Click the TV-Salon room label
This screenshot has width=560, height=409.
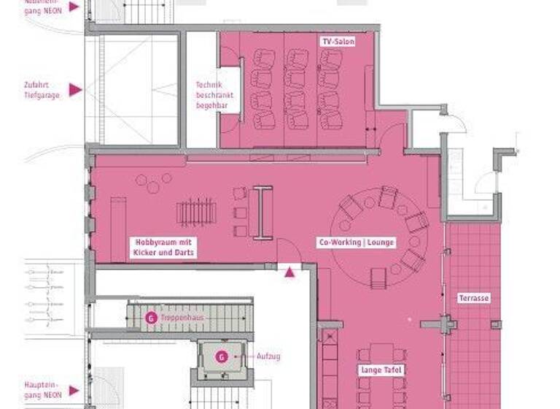pos(338,42)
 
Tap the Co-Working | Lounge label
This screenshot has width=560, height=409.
pos(356,242)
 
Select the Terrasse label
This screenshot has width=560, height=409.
pos(473,298)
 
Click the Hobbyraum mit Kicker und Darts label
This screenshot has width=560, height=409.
pos(164,247)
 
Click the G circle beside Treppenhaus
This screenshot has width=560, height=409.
pos(150,318)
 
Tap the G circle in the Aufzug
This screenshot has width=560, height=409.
pos(222,356)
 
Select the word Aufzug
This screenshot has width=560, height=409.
pos(268,356)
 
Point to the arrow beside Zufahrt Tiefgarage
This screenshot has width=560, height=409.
pos(74,90)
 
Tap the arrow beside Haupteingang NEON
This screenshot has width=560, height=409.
pos(74,390)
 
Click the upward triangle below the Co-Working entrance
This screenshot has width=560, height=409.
pos(289,272)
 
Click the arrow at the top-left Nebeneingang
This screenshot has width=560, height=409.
pos(74,7)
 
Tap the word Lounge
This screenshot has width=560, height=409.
pos(381,242)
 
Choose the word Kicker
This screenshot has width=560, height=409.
pos(145,252)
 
